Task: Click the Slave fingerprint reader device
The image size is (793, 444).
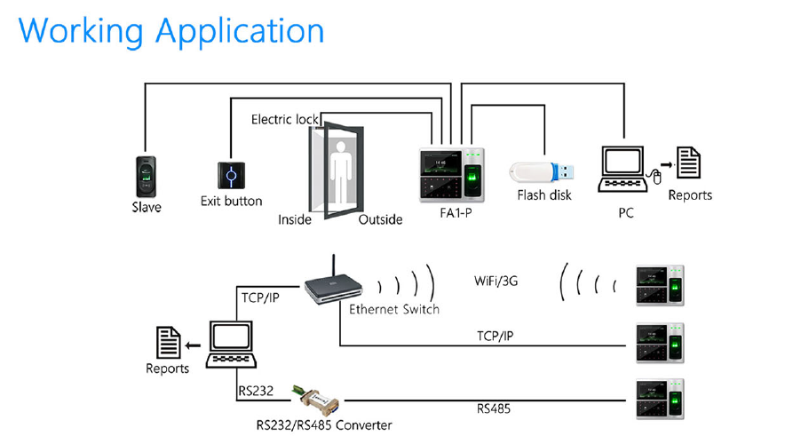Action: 147,176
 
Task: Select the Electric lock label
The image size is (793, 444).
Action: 285,119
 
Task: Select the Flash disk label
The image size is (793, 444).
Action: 544,194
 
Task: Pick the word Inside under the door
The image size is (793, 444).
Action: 295,219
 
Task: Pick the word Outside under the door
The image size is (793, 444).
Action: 380,219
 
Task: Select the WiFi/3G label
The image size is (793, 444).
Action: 496,281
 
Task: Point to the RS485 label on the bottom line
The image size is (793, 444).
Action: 494,409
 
